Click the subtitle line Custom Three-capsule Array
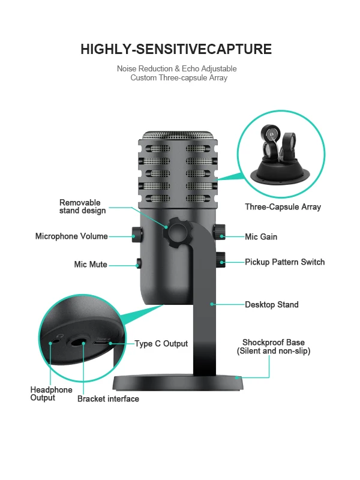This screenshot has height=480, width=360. [x=179, y=78]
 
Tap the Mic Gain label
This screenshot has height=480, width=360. [x=261, y=237]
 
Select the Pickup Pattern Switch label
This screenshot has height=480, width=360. [x=284, y=262]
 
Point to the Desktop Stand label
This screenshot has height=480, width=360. [x=271, y=305]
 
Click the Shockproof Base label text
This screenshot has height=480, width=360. [x=273, y=347]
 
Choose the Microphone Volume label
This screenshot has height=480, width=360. [x=71, y=236]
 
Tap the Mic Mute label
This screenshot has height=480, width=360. [x=91, y=265]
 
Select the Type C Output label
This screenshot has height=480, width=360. [x=161, y=344]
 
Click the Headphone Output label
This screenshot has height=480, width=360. [x=51, y=394]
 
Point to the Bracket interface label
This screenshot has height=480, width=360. [x=108, y=399]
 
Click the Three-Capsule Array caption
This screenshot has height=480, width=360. [x=283, y=207]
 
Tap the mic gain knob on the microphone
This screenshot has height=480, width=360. [x=220, y=230]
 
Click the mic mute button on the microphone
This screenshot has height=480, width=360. [x=139, y=263]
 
